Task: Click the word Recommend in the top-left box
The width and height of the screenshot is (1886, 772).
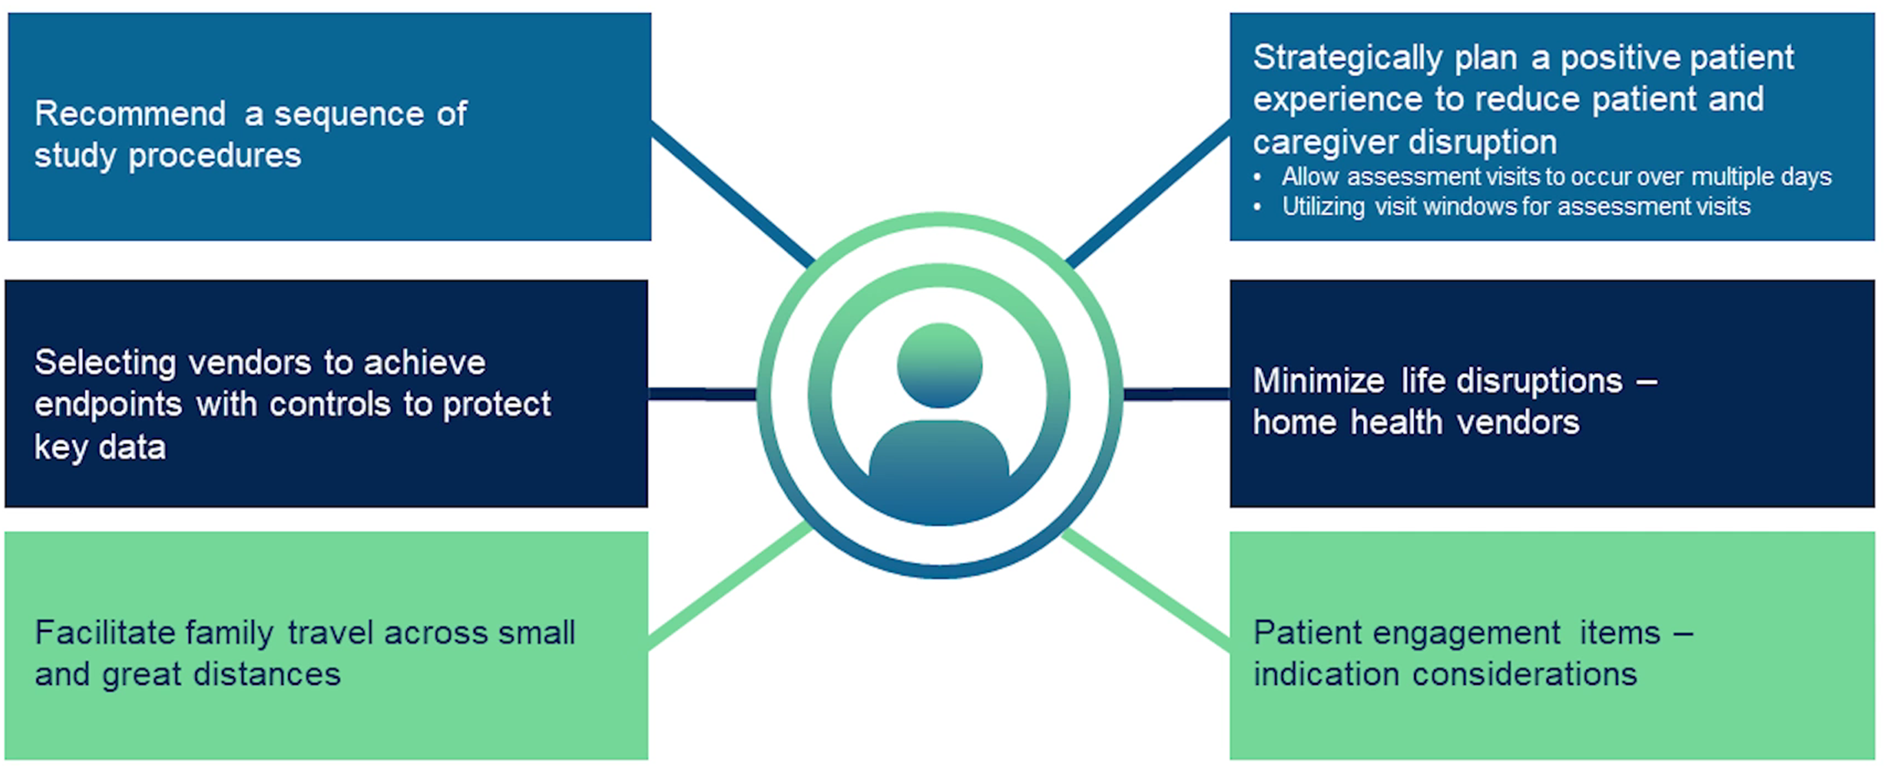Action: [130, 114]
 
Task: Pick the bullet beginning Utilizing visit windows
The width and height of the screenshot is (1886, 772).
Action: [1515, 207]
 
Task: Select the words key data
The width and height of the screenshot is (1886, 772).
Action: [100, 447]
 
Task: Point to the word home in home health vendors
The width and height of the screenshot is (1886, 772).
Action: [1294, 423]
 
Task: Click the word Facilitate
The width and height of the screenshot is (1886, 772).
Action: [106, 633]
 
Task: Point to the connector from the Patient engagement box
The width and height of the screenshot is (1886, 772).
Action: [1146, 590]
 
